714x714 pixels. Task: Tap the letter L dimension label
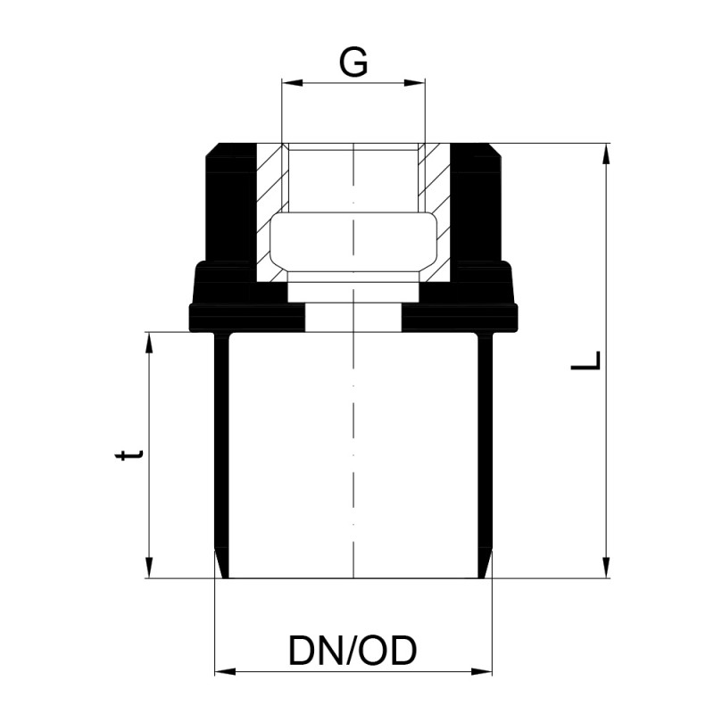586,360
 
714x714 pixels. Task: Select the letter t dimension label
129,455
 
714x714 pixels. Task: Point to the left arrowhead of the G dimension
293,82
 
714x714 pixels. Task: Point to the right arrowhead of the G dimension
415,82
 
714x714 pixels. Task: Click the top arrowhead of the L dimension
606,154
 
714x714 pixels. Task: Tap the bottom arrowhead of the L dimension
606,568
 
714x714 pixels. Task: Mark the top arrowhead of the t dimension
149,343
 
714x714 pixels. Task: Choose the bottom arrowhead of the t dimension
149,568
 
